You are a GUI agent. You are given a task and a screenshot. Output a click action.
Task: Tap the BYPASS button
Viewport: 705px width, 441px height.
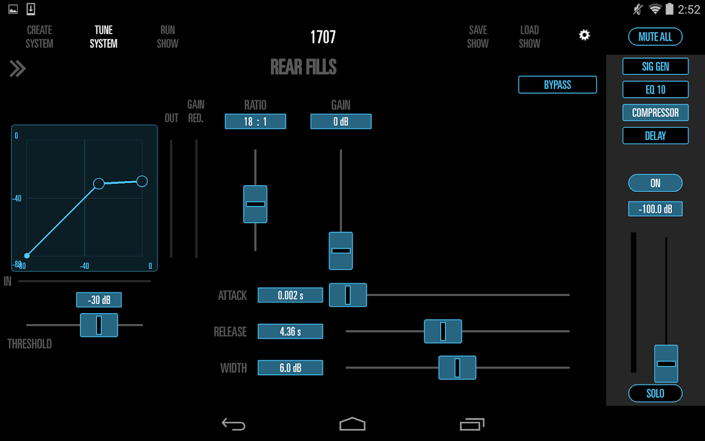[557, 85]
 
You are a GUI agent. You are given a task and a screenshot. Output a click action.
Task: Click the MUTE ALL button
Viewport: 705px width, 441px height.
[655, 37]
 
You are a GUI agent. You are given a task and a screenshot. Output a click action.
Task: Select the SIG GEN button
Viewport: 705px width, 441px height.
[655, 67]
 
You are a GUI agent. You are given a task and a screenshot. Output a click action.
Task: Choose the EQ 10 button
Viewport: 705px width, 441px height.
[655, 89]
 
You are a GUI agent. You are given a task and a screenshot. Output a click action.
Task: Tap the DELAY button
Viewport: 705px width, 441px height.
[655, 136]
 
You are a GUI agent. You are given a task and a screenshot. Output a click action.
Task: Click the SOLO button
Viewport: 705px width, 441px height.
[655, 394]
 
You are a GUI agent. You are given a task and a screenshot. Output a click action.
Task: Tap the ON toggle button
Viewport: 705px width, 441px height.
[655, 183]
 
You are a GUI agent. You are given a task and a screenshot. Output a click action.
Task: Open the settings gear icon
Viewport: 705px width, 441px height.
[584, 35]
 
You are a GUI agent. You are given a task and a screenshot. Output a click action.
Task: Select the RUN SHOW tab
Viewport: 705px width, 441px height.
[167, 36]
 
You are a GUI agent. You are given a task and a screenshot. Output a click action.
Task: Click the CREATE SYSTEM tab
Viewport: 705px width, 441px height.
[40, 36]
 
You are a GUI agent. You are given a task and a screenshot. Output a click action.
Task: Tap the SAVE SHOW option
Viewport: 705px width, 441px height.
[478, 36]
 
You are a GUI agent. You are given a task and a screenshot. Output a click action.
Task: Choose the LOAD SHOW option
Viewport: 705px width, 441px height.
[529, 36]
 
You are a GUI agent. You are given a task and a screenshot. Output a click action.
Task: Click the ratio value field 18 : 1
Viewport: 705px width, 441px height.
[255, 121]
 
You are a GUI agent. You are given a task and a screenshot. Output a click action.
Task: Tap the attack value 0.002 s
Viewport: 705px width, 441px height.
[290, 295]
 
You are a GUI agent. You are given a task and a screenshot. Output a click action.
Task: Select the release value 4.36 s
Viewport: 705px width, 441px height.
[290, 332]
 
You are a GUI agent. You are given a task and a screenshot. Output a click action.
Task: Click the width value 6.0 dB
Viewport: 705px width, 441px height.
[290, 368]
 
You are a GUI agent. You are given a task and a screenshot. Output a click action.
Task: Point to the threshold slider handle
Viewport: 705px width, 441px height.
[99, 325]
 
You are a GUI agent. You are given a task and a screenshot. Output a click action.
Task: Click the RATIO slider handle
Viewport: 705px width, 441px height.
[255, 204]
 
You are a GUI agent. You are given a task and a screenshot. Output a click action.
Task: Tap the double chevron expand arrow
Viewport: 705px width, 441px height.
[18, 68]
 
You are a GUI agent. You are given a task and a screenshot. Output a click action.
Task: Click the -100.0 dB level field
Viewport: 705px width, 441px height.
[655, 209]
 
